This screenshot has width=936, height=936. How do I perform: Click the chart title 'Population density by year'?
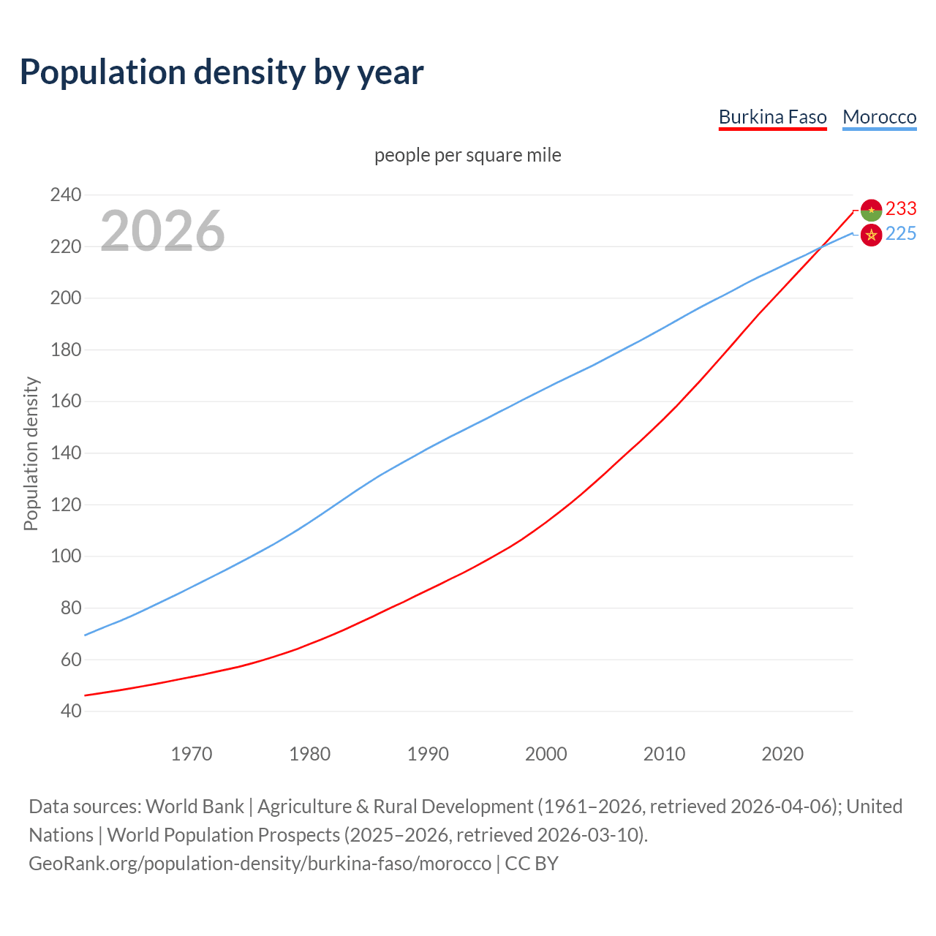tap(222, 72)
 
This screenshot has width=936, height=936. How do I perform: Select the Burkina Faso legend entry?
tap(772, 117)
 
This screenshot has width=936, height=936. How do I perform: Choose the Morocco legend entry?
tap(879, 117)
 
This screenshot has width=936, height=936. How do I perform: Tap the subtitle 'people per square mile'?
tap(467, 155)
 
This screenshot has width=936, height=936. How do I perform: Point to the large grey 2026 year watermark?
tap(162, 231)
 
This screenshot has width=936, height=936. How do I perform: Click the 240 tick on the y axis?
tap(65, 195)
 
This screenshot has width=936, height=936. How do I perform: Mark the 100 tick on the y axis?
tap(65, 556)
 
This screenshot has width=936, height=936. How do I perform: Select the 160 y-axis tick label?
tap(65, 401)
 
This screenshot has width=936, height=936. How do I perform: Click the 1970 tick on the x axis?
tap(192, 754)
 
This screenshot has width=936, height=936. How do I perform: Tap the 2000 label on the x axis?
tap(546, 754)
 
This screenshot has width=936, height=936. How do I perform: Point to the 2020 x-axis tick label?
tap(782, 754)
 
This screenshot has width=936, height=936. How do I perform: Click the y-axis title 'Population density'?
tap(31, 453)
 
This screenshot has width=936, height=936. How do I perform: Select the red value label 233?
tap(901, 209)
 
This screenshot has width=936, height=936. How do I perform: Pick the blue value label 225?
tap(901, 234)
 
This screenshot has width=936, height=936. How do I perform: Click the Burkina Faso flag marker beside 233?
tap(871, 211)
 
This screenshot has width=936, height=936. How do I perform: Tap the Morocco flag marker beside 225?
tap(871, 235)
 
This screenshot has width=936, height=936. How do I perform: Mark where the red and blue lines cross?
tap(821, 247)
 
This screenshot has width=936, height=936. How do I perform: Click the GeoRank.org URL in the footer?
tap(260, 864)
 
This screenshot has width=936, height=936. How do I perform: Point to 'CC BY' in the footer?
tap(532, 864)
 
